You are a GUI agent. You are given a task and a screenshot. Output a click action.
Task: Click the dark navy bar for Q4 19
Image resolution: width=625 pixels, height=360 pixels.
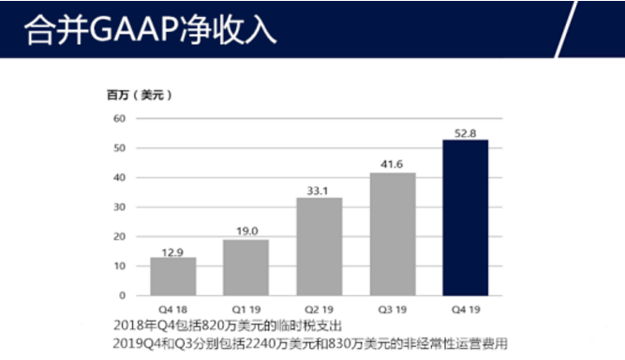tap(465, 217)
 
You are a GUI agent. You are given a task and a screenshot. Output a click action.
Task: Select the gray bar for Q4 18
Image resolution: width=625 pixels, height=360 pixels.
tap(173, 276)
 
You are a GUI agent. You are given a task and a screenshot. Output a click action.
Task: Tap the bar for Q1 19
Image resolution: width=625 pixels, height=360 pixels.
tap(246, 267)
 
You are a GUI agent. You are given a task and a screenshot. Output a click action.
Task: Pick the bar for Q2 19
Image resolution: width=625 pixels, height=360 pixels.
tap(319, 247)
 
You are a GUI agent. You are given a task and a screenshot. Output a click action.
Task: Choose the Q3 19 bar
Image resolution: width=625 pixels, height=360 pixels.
tap(392, 233)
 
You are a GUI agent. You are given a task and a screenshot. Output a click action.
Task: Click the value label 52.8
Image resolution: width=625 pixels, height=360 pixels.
tap(466, 133)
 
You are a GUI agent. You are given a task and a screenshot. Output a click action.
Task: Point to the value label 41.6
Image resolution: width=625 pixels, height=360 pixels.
tap(392, 165)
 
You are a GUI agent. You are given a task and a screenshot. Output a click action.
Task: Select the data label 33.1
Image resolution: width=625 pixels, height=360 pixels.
tap(319, 190)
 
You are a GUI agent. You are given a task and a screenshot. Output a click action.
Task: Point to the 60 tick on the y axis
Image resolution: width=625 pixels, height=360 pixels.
tap(119, 118)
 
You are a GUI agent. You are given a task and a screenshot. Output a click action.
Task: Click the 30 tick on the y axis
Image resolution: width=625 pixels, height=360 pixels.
tap(119, 207)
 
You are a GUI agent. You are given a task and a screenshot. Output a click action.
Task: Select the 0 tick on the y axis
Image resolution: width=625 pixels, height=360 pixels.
tap(122, 295)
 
